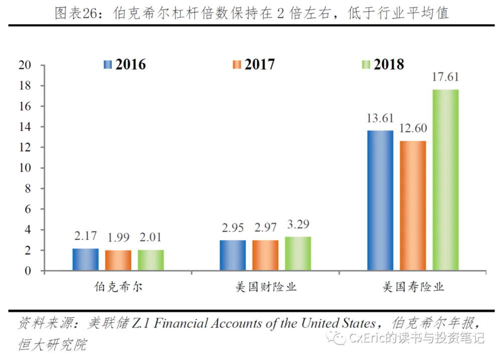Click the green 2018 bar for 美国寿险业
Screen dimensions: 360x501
(x=445, y=180)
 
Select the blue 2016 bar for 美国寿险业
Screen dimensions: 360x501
(x=380, y=200)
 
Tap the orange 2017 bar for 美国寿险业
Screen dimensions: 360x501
(x=413, y=206)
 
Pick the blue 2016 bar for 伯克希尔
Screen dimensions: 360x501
(x=85, y=259)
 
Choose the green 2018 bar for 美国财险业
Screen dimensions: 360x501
(x=298, y=254)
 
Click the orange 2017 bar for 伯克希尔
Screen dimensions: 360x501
(x=118, y=260)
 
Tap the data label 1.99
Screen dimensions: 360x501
(x=118, y=237)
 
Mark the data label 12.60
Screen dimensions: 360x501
(x=413, y=129)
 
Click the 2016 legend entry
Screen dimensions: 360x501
(x=125, y=65)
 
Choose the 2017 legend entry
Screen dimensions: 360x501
(x=254, y=65)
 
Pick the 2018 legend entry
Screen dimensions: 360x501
(x=383, y=65)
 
